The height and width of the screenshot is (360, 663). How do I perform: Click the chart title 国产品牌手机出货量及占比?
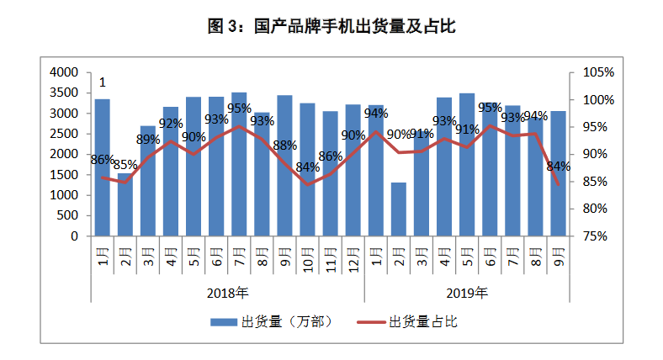pyautogui.click(x=331, y=27)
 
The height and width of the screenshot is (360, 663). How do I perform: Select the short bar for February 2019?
pyautogui.click(x=399, y=209)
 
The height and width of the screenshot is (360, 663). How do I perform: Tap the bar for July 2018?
pyautogui.click(x=239, y=164)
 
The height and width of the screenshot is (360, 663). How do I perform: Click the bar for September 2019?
pyautogui.click(x=558, y=173)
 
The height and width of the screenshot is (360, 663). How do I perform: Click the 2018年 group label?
pyautogui.click(x=227, y=294)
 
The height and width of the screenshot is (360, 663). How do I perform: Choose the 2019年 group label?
pyautogui.click(x=467, y=294)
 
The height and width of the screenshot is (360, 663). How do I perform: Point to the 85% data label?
pyautogui.click(x=125, y=165)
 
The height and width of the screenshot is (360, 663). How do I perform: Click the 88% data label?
pyautogui.click(x=284, y=145)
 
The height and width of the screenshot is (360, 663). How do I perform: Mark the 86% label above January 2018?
pyautogui.click(x=102, y=160)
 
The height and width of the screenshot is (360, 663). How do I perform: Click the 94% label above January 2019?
pyautogui.click(x=376, y=114)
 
